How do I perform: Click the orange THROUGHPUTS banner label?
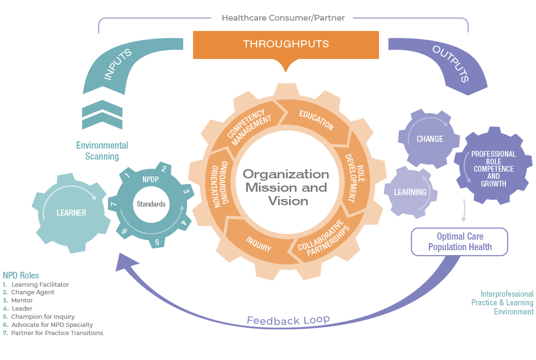pos(286,44)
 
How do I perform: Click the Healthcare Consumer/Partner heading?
pos(283,18)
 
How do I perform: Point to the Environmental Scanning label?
pos(102,151)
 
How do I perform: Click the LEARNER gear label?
pos(71,213)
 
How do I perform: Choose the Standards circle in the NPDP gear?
pos(151,204)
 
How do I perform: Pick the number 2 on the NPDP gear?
pos(163,169)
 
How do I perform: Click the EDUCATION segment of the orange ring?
pos(316,120)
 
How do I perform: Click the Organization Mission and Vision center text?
pos(286,187)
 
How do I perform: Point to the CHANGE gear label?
pos(430,139)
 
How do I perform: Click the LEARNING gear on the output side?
pos(410,192)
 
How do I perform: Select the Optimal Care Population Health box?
pos(460,242)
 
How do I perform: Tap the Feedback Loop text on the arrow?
pos(288,320)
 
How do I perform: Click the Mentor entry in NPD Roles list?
pos(22,301)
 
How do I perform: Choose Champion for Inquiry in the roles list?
pos(43,317)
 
